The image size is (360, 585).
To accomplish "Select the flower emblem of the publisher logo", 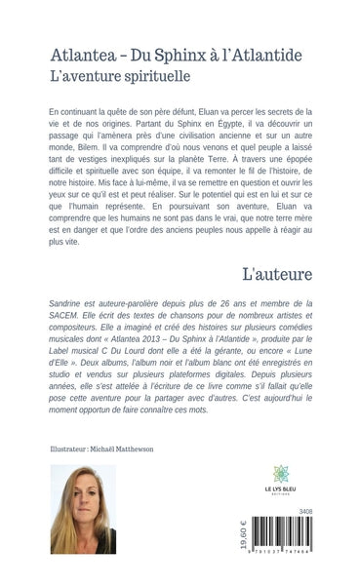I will click(281, 473).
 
